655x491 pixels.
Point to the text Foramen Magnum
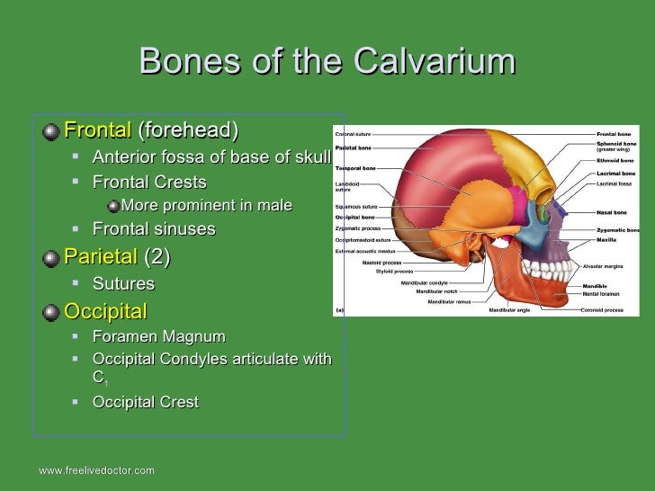click(158, 337)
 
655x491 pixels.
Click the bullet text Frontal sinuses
click(154, 229)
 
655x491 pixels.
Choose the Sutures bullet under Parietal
click(123, 284)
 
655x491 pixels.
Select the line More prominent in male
click(206, 206)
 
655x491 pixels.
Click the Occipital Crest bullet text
click(145, 402)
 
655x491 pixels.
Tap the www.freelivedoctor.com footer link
click(96, 470)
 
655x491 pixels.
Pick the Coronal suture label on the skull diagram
click(353, 134)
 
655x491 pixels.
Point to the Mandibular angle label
click(509, 310)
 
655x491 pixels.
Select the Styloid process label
click(395, 272)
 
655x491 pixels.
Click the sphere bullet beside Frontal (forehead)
click(52, 131)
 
